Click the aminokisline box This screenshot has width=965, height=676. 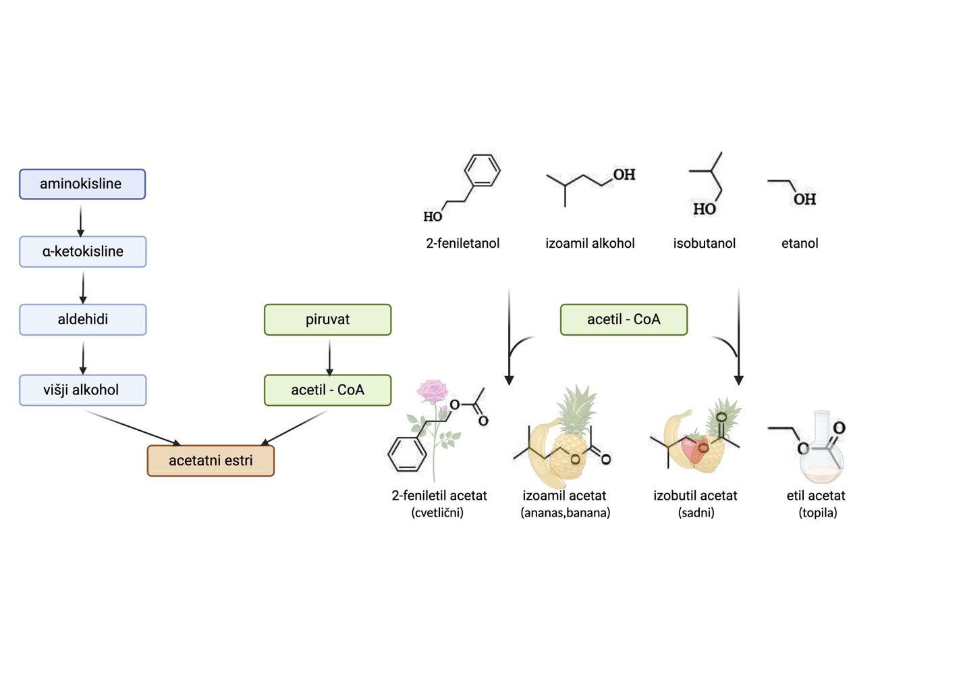point(82,184)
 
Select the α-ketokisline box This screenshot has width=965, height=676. point(83,252)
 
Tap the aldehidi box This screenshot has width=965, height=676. point(83,319)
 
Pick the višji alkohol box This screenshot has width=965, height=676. point(83,390)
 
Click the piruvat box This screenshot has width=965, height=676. point(327,319)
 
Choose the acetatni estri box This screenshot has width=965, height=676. point(211,461)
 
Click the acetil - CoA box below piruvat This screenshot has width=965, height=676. point(327,390)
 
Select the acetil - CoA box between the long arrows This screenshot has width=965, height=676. point(624,319)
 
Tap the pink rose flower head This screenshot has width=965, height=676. point(433,390)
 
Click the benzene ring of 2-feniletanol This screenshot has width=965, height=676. point(482,170)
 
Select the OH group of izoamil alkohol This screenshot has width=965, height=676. point(624,175)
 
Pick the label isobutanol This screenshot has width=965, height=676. point(704,244)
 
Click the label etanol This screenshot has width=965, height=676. point(800,244)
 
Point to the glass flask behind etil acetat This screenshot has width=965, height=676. point(821,452)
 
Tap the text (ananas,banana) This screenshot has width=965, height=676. point(565,513)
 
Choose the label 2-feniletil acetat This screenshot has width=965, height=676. point(439,496)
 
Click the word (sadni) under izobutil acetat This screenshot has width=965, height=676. point(696,513)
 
